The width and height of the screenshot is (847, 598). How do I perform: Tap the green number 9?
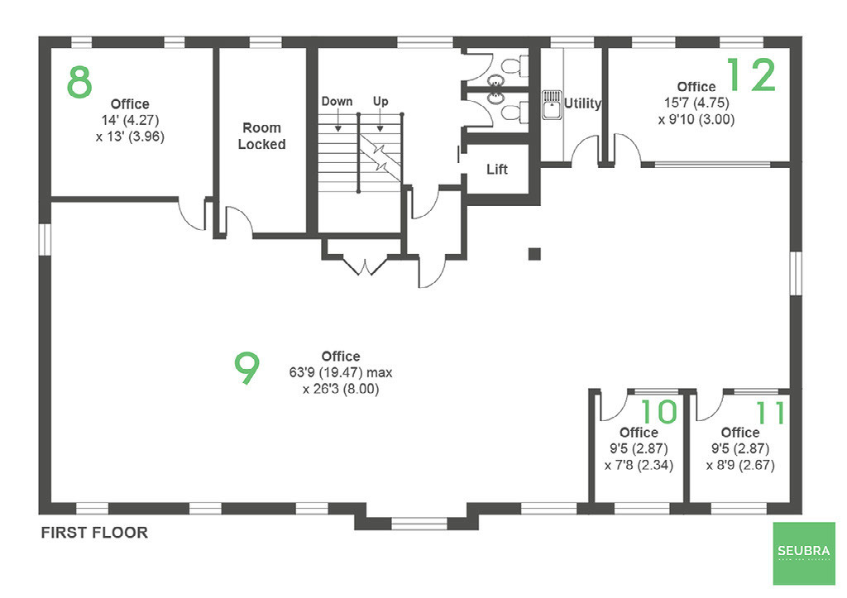pos(246,369)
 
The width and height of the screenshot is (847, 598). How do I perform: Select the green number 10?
pos(659,412)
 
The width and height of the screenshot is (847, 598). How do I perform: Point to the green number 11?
pos(771,412)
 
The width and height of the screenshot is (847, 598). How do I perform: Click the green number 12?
pos(751,75)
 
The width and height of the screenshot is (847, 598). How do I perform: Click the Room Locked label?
pos(261,136)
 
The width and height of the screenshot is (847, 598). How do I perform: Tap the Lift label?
pos(497,170)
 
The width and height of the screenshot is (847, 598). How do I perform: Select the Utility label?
pos(582,104)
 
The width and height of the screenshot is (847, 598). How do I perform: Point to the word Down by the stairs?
pos(337,102)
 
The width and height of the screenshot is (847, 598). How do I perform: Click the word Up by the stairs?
pos(380,102)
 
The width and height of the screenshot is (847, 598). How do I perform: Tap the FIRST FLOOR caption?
pos(94,533)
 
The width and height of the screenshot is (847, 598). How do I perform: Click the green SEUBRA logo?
pos(803,552)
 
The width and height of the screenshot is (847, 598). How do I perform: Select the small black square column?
pos(534,253)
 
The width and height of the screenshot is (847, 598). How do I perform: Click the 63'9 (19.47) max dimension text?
pos(341,373)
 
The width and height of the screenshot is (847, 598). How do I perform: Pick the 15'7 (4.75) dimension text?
pos(696,103)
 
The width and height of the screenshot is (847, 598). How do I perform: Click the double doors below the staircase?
pos(364,264)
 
